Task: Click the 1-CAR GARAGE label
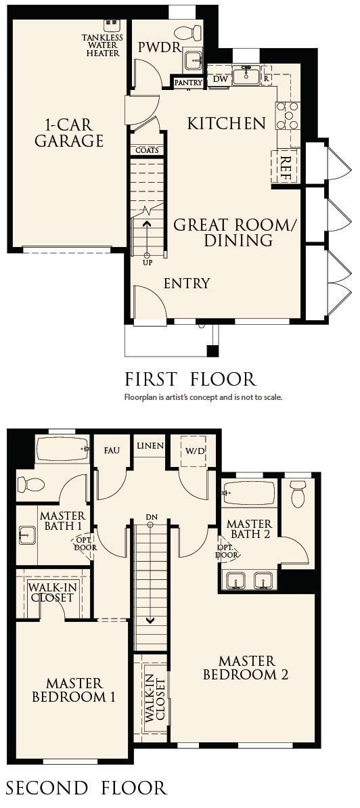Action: pos(69,132)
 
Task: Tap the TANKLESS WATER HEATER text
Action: pos(102,45)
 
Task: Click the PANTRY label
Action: pos(188,83)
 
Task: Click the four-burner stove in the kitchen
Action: pos(288,116)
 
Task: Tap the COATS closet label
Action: pos(147,150)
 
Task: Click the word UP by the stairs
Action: pos(147,263)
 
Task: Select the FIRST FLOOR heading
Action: pos(190,379)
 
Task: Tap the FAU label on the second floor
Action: pos(111,451)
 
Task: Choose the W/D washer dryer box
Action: pos(195,450)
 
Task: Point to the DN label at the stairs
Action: pos(150,517)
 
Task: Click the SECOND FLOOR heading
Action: pos(86,788)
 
